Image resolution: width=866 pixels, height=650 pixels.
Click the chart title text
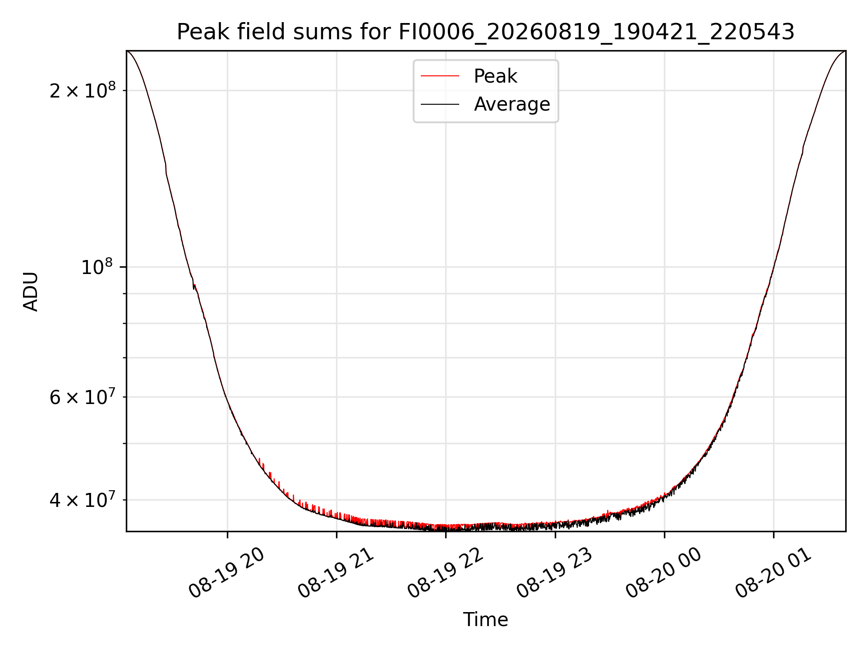coord(485,32)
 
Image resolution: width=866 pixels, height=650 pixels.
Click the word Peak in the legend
coord(495,76)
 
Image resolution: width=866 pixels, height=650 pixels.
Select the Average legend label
coord(512,104)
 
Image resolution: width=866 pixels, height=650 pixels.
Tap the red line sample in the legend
coord(440,76)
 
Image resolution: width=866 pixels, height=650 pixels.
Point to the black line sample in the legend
coord(440,104)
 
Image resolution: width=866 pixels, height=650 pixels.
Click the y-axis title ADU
coord(31,292)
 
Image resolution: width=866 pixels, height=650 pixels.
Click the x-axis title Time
coord(485,620)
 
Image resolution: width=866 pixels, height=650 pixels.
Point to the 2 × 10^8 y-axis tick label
coord(82,91)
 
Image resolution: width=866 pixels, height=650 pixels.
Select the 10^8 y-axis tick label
coord(98,267)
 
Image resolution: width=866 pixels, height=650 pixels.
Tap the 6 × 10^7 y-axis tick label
coord(82,397)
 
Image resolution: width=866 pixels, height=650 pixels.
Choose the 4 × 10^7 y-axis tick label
coord(82,500)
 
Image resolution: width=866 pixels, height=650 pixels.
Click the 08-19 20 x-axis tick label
coord(226,573)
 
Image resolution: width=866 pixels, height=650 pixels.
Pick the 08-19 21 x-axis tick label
coord(336,573)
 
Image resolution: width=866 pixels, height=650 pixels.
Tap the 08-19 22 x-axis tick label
coord(445,573)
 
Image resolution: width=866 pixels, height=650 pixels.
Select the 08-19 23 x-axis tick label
coord(554,573)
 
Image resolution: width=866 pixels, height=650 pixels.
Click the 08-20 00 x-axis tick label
coord(663,573)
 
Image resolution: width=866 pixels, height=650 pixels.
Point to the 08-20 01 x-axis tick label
coord(773,573)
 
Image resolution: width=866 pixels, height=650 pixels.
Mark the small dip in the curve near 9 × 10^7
coord(193,287)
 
